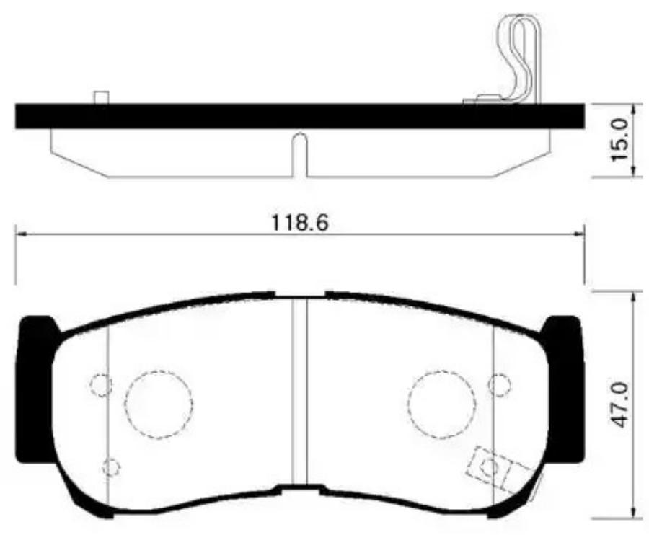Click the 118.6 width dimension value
click(300, 223)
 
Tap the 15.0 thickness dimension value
click(620, 141)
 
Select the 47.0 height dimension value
click(620, 405)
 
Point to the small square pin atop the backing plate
click(102, 97)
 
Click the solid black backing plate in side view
click(300, 116)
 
